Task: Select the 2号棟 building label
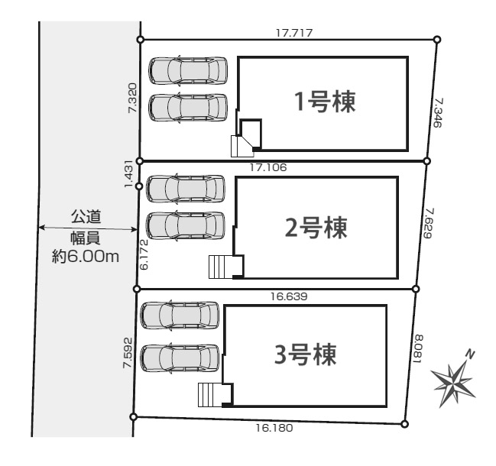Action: (x=316, y=228)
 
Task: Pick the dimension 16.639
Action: (x=288, y=296)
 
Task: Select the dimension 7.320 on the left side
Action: (x=132, y=99)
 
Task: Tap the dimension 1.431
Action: (x=129, y=174)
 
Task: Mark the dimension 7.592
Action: (x=127, y=352)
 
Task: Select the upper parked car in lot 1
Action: (x=188, y=70)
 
